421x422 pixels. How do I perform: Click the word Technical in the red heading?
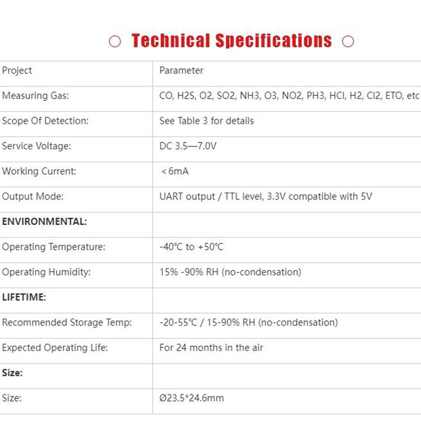coord(171,41)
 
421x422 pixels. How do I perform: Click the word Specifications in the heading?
coord(274,41)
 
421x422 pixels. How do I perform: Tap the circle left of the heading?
coord(115,42)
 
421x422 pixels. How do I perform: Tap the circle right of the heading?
coord(348,42)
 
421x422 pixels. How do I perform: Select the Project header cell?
coord(17,71)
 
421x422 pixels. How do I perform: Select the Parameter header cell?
coord(181,71)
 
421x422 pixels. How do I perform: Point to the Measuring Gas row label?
coord(35,96)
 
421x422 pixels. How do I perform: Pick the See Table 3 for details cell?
coord(207,121)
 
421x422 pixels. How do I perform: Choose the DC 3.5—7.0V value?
coord(188,146)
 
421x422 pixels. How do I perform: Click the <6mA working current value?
coord(175,172)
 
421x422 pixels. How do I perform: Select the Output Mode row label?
coord(33,197)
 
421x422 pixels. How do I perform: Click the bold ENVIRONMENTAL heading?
coord(44,222)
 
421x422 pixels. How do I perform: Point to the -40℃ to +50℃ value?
coord(191,247)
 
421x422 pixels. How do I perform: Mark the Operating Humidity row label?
coord(46,272)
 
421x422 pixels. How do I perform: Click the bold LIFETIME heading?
coord(24,297)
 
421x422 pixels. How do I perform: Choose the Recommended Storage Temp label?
coord(67,323)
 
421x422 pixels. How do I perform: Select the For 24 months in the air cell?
coord(211,348)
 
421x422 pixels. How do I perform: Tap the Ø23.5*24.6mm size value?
coord(191,398)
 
